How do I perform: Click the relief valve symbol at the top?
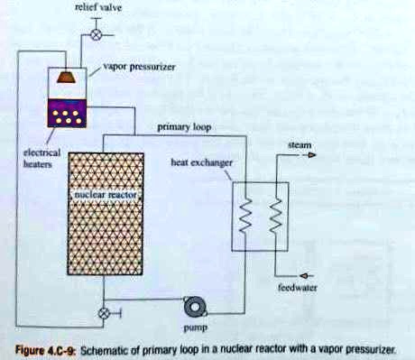96,35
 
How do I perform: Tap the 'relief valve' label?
93,8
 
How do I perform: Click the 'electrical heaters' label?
40,160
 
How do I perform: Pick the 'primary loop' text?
184,127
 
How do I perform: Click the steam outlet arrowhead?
310,155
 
